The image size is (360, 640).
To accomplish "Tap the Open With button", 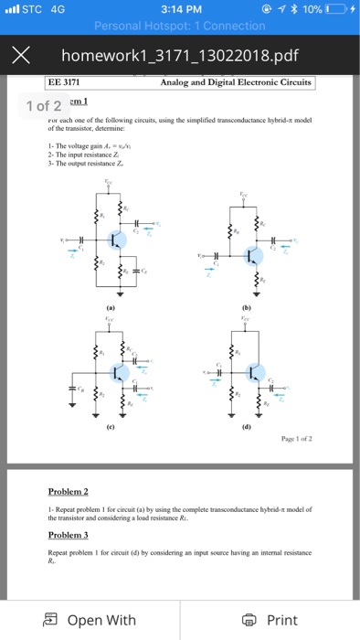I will point(90,620).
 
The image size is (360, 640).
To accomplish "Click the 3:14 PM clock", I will point(179,11).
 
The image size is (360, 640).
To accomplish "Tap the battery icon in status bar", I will point(333,11).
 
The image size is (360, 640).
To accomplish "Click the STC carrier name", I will point(32,11).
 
